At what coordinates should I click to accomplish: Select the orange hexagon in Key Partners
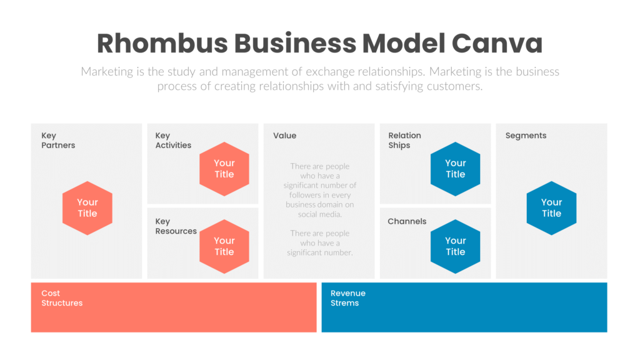click(x=87, y=208)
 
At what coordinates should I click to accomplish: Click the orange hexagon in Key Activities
click(x=224, y=169)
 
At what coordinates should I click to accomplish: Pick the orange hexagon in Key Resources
click(x=224, y=246)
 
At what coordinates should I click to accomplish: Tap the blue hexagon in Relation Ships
click(x=456, y=169)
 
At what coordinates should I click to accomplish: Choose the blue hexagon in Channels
click(x=456, y=246)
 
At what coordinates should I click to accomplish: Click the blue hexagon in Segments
click(x=551, y=208)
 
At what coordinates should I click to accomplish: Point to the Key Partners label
click(x=58, y=141)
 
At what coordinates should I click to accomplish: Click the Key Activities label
click(x=173, y=141)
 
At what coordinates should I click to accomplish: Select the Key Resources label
click(x=176, y=226)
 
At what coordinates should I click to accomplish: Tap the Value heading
click(x=284, y=136)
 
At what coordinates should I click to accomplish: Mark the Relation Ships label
click(x=404, y=141)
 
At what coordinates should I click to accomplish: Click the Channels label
click(x=407, y=221)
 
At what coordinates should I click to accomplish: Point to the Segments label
click(x=526, y=136)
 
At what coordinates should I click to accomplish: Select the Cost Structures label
click(x=62, y=298)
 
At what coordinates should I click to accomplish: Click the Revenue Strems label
click(x=348, y=298)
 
